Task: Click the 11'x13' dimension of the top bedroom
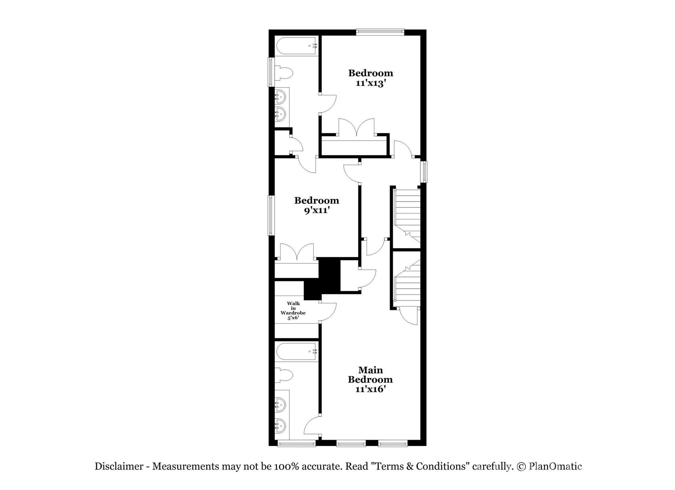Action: (370, 83)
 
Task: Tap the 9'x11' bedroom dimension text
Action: (317, 211)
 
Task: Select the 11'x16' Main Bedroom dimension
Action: (370, 389)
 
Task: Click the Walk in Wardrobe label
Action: (293, 310)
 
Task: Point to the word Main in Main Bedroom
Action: (370, 370)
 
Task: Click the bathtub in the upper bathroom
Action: (296, 46)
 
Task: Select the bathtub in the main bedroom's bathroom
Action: (296, 352)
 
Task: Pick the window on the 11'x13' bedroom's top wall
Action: (380, 32)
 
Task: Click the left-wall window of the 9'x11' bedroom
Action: (271, 215)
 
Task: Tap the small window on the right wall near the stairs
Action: (425, 172)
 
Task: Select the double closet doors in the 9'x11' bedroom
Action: (297, 253)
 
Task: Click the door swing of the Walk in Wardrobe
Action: (328, 311)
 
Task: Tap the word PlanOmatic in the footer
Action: (555, 466)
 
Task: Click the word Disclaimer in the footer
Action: (119, 466)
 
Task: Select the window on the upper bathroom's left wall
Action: (271, 72)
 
